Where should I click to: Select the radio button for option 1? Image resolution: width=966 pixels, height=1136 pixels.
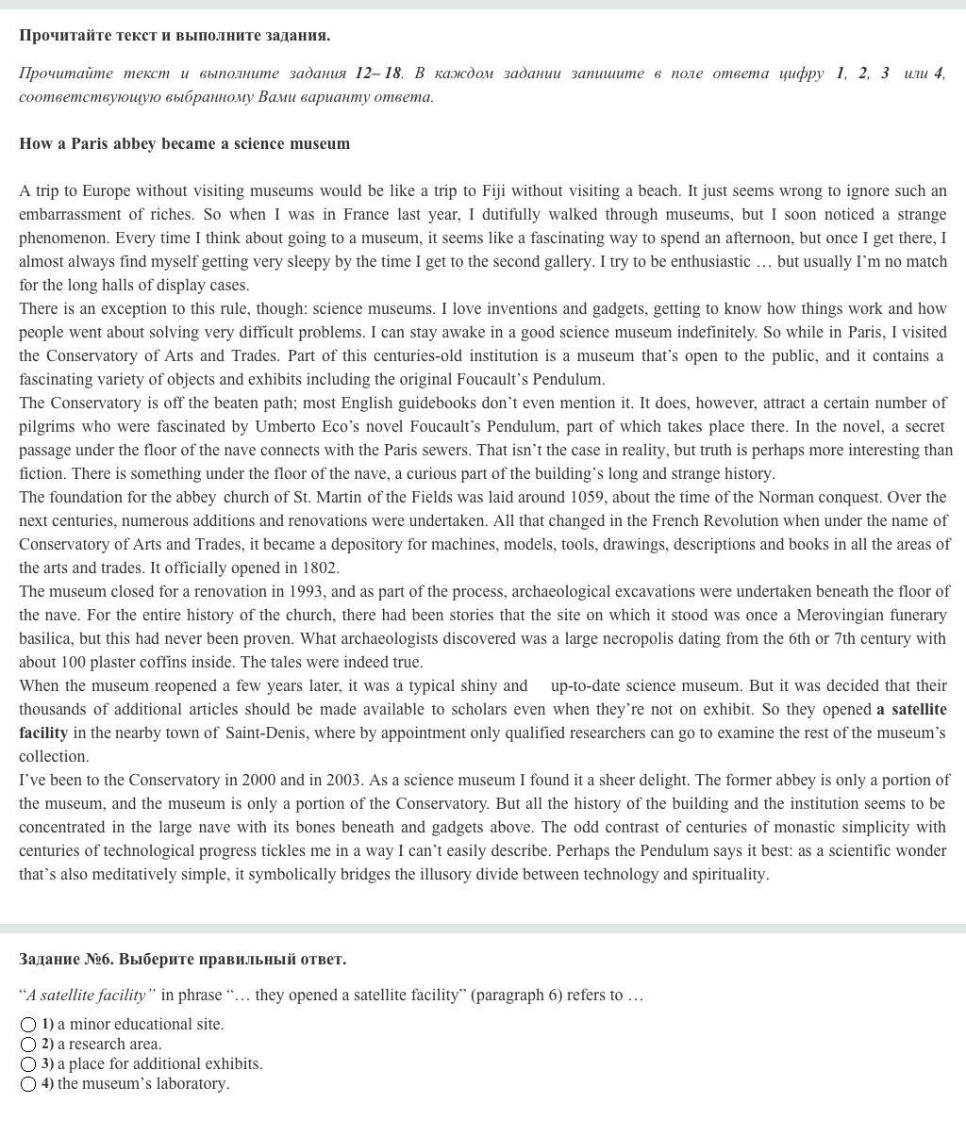pos(28,1025)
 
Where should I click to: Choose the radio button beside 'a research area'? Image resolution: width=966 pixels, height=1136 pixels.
pos(28,1045)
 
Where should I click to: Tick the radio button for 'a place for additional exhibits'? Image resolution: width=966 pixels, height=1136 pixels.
pos(28,1064)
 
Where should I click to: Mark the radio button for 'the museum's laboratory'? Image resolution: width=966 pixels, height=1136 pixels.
pos(28,1084)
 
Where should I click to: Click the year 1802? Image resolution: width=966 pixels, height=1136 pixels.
pos(320,568)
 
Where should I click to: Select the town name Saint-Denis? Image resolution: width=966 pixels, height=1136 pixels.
pos(263,733)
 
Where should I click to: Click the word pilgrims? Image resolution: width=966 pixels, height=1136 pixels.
pos(47,427)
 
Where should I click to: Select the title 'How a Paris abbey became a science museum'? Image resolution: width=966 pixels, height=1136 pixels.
pos(184,144)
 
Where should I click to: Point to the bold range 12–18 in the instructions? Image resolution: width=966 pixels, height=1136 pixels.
pos(378,74)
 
